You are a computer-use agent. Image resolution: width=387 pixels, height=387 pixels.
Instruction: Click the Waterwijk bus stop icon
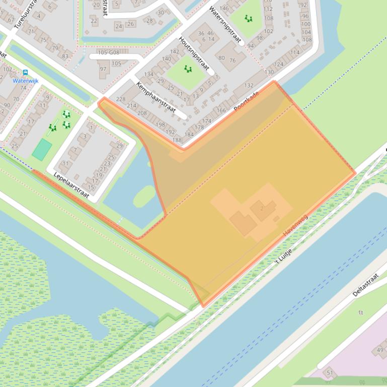click(x=25, y=72)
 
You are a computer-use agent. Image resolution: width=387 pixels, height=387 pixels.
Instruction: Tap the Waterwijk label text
click(x=25, y=80)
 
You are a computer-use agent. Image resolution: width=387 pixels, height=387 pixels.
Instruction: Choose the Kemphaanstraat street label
click(x=157, y=100)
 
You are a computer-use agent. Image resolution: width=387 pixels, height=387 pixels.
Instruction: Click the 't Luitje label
click(x=283, y=256)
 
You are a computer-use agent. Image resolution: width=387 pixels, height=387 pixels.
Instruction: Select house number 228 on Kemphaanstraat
click(x=120, y=99)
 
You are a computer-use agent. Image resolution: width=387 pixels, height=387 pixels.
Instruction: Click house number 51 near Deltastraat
click(x=330, y=372)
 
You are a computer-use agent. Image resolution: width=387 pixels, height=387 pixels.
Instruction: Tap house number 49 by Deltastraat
click(x=380, y=350)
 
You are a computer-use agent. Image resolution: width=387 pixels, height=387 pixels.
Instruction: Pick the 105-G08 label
click(x=108, y=52)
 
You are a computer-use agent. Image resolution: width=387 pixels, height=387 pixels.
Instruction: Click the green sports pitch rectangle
click(x=42, y=149)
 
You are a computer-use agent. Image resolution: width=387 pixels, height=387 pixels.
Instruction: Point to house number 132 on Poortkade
click(x=249, y=85)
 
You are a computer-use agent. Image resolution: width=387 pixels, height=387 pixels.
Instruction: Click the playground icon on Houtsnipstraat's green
click(x=188, y=69)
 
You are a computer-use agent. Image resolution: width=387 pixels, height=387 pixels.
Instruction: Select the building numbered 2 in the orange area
click(x=262, y=208)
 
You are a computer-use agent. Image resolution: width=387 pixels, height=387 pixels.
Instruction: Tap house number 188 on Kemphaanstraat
click(x=177, y=140)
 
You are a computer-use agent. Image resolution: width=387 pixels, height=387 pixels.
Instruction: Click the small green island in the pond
click(x=144, y=196)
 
